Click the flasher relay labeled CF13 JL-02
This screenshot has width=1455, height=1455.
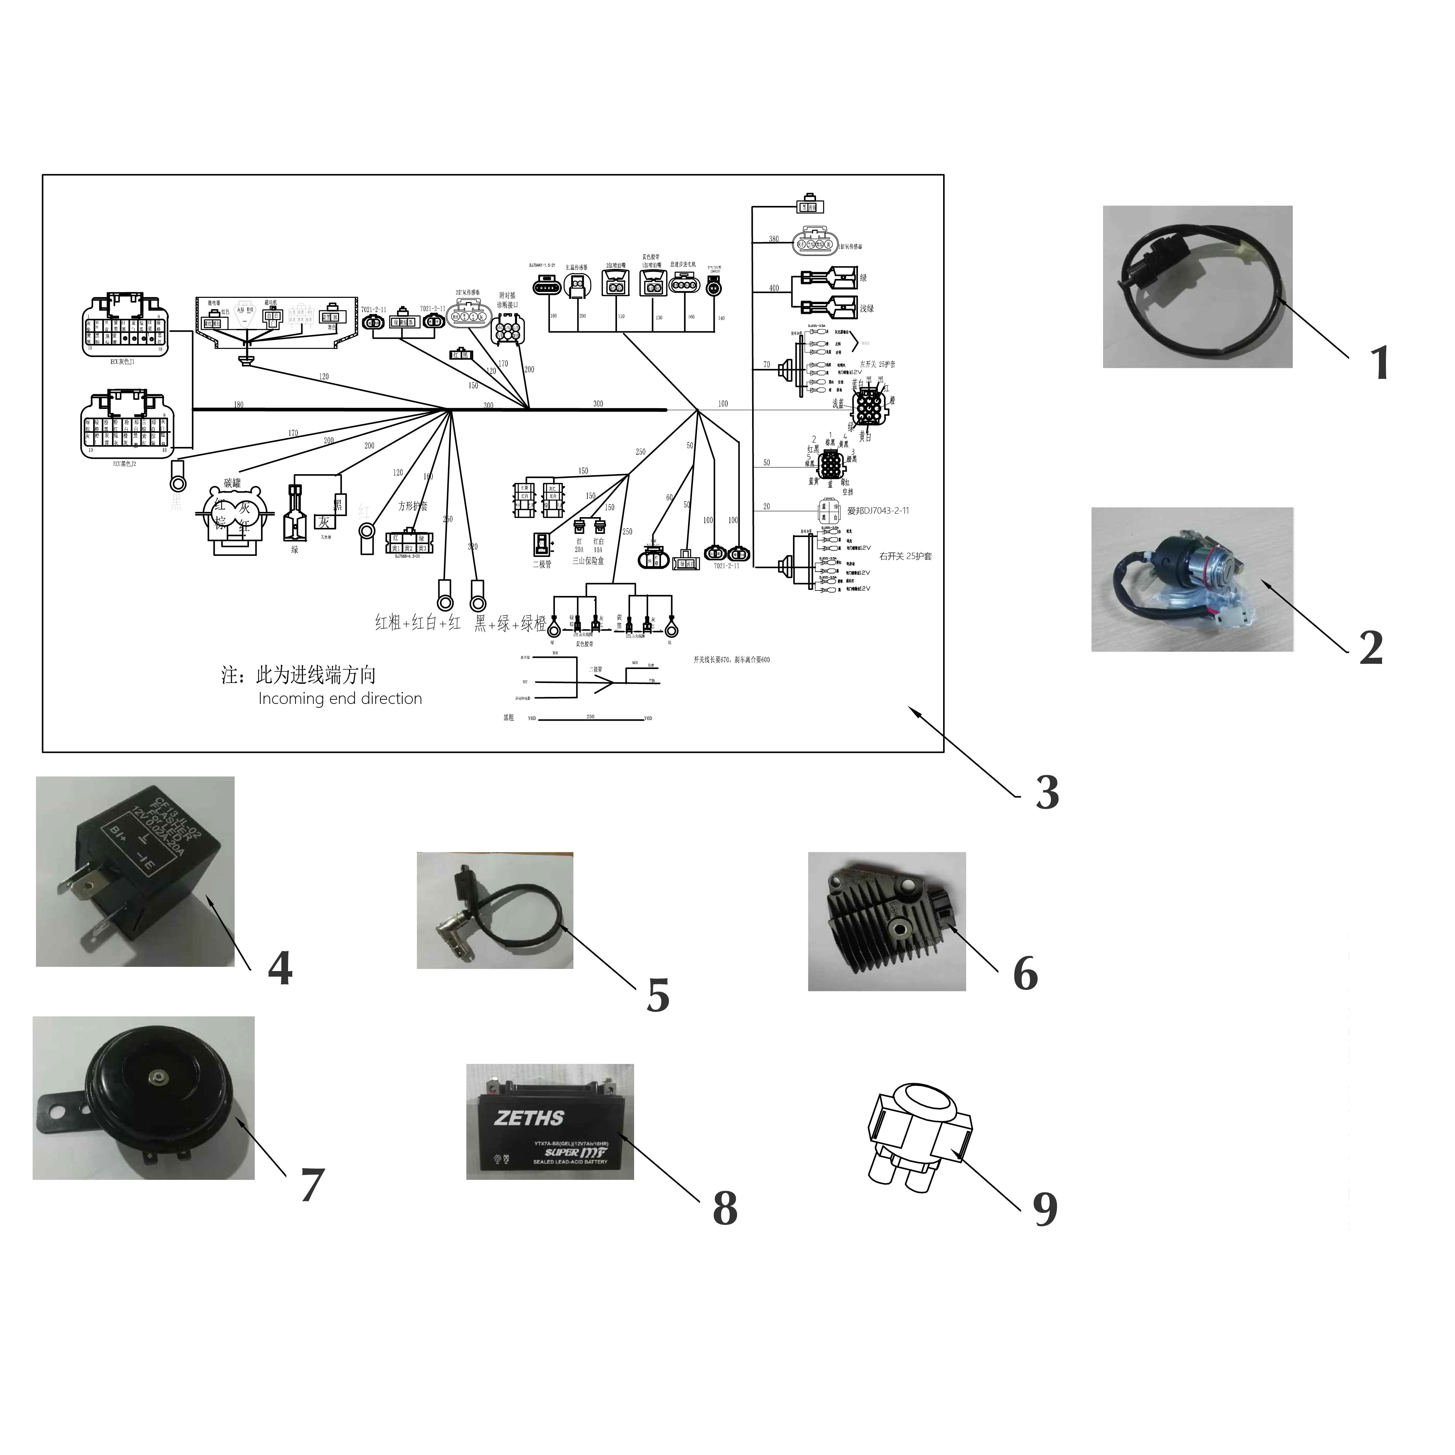click(135, 871)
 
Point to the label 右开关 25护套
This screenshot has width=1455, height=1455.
click(905, 557)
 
